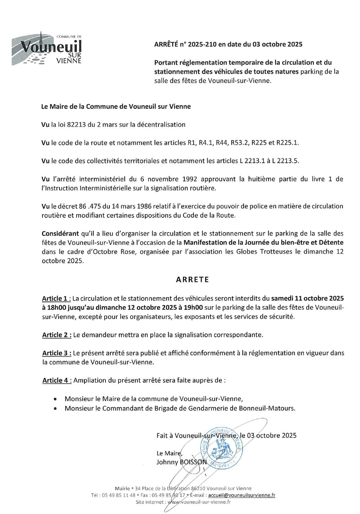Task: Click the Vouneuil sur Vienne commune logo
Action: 47,49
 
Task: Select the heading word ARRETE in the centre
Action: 192,280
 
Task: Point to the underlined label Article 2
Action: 57,335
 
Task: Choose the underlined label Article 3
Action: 57,353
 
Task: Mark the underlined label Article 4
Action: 57,380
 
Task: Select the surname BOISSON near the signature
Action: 193,462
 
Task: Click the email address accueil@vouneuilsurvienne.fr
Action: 242,495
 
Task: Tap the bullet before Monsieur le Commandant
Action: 55,409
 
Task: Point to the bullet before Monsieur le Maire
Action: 55,399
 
